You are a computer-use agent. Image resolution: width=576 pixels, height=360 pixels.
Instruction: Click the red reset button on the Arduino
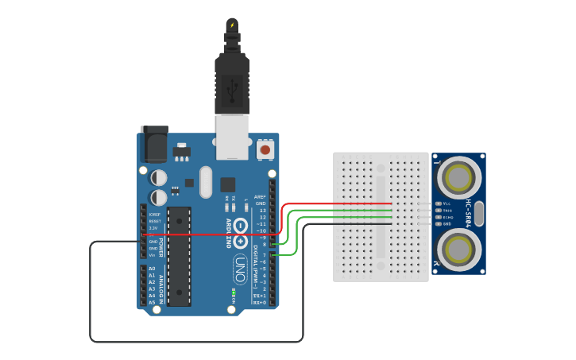tap(265, 149)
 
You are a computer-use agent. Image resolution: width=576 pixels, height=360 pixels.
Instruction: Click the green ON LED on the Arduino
tap(234, 294)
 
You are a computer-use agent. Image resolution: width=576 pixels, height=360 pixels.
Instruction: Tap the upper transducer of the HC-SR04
tap(458, 177)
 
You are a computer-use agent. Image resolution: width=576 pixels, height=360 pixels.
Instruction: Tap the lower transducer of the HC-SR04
tap(458, 250)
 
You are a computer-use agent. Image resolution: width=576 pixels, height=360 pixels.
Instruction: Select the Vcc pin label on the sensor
tap(446, 203)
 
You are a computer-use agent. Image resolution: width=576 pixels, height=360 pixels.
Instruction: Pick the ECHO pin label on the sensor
tap(447, 217)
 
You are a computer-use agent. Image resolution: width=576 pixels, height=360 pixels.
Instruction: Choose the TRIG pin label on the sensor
tap(447, 210)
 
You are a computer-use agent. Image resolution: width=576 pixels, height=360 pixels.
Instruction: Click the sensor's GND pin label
tap(446, 224)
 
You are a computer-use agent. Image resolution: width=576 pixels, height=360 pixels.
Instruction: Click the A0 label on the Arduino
tap(152, 269)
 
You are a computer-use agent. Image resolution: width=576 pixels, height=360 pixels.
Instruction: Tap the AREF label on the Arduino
tap(260, 196)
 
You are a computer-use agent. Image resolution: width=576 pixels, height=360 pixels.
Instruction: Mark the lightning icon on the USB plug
tap(232, 25)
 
